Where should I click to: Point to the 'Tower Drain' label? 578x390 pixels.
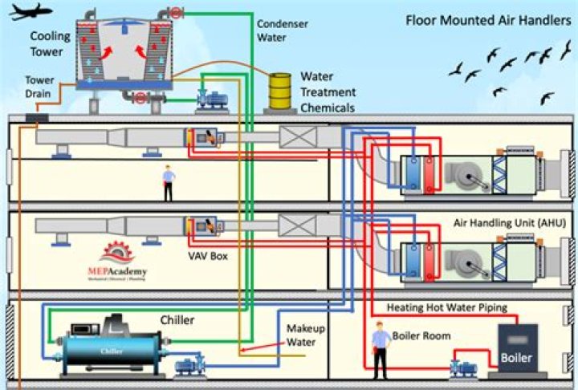39,86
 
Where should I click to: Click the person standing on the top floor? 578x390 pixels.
168,183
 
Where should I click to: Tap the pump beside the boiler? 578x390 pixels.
463,366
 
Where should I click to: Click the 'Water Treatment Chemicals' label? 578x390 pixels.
328,92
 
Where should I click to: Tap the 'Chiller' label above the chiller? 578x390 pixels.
177,320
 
